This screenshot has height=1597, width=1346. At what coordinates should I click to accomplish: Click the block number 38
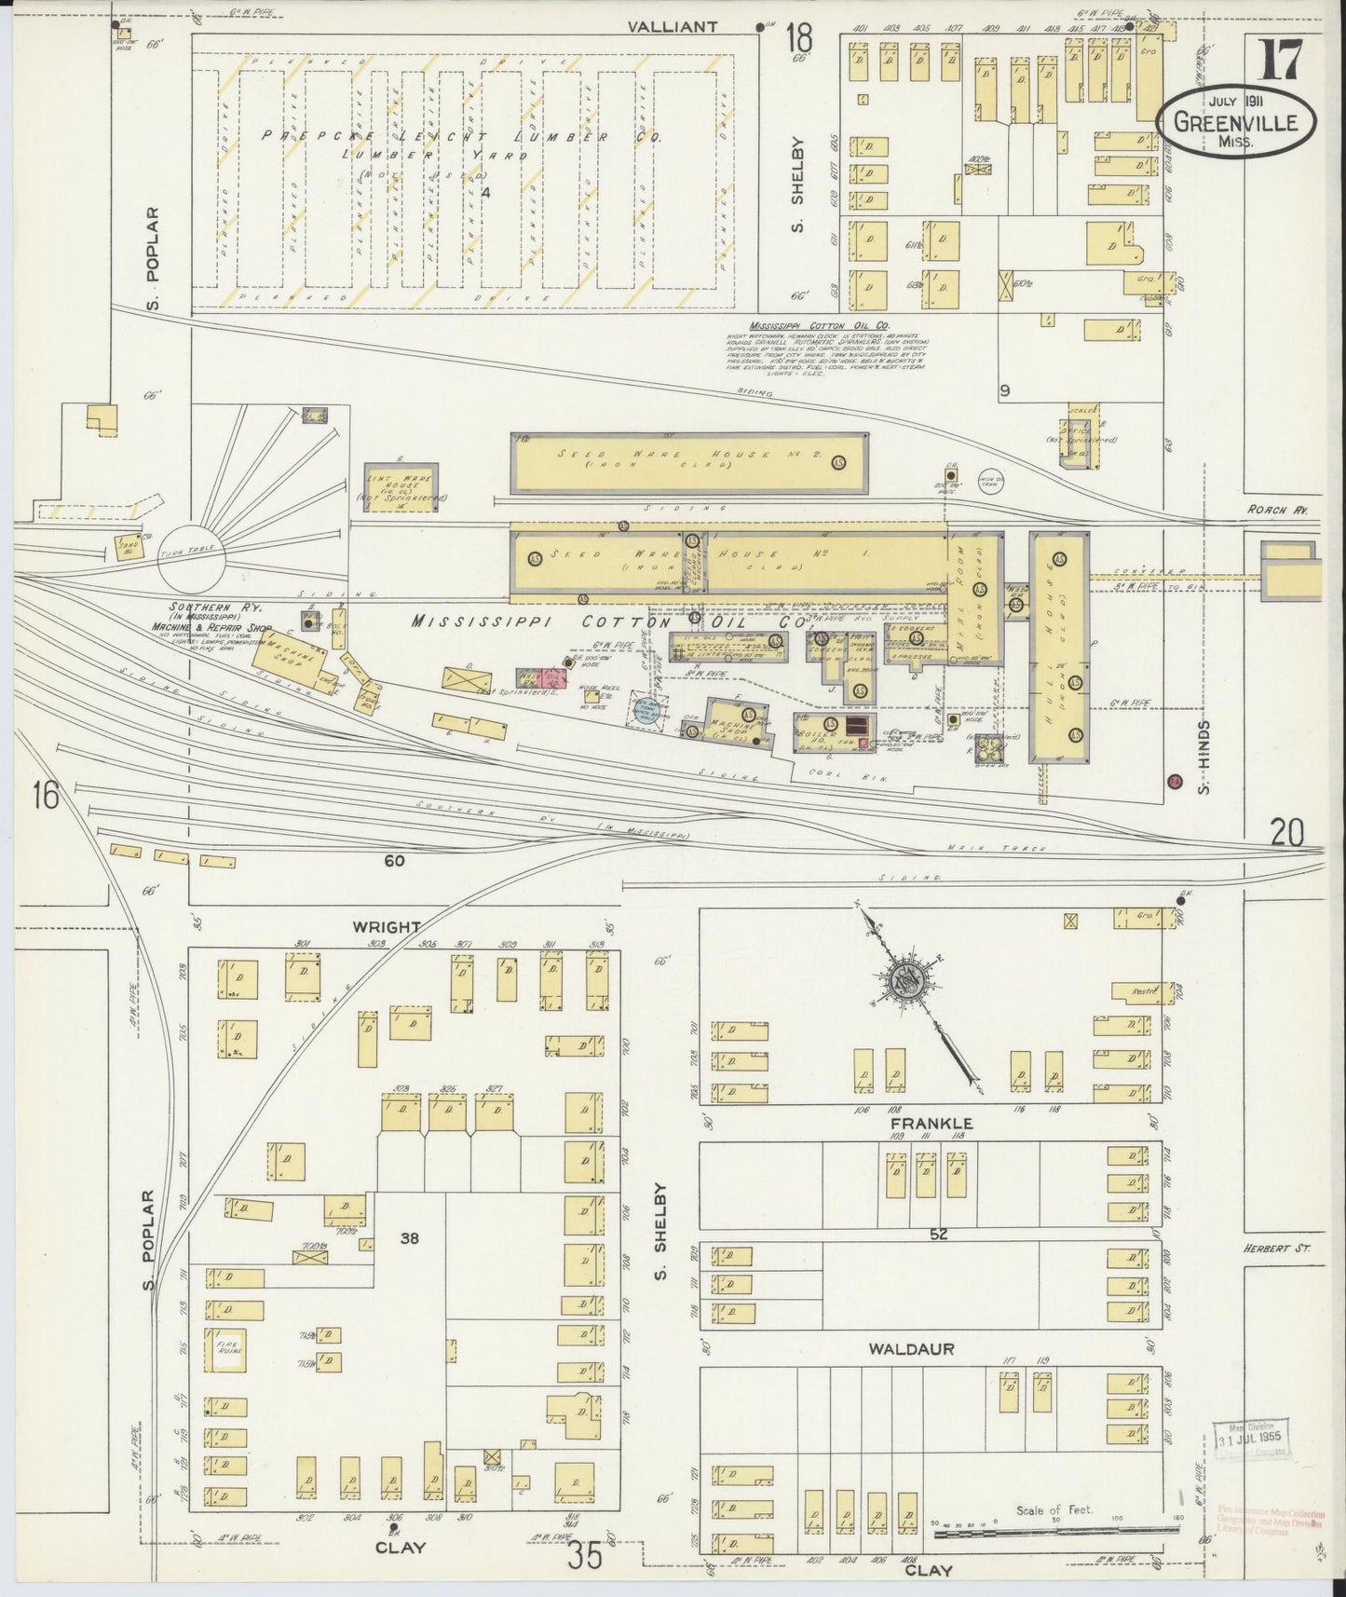pos(409,1237)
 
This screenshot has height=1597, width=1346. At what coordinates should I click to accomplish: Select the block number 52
pos(938,1235)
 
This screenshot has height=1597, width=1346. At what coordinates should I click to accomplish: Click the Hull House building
pos(1059,647)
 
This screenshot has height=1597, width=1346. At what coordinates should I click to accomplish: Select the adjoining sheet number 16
pos(45,795)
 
